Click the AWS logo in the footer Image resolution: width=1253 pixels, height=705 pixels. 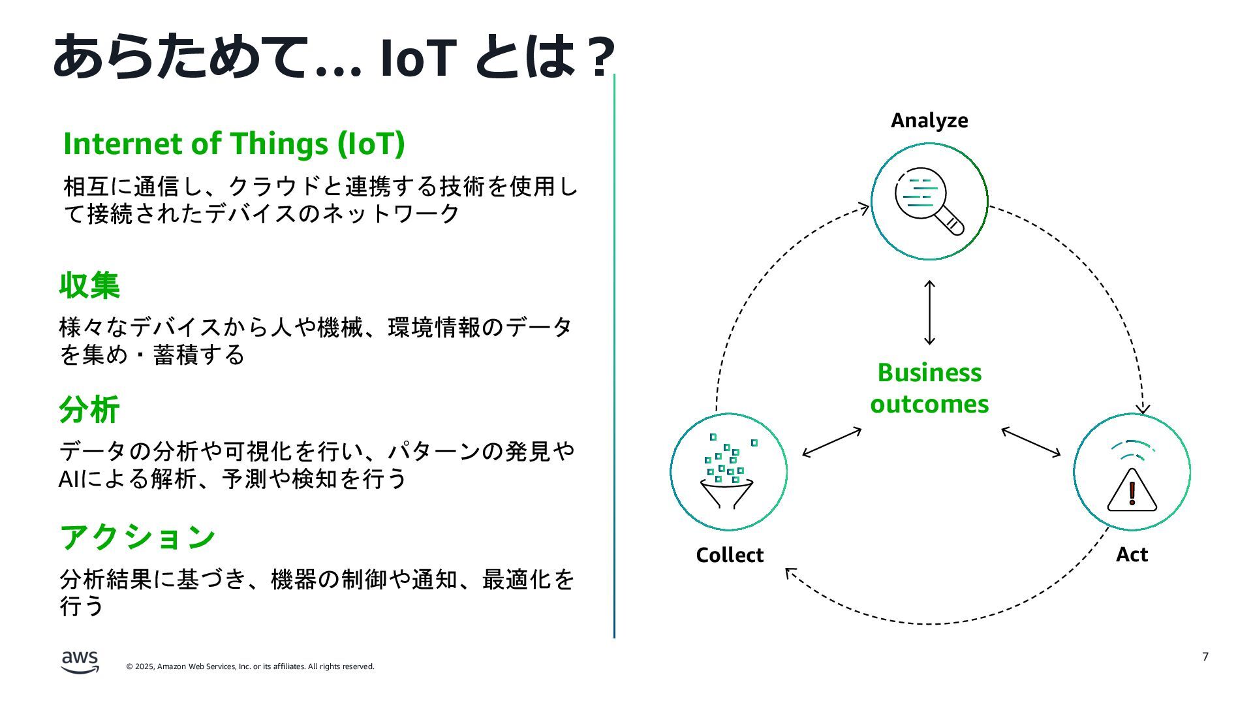pyautogui.click(x=80, y=661)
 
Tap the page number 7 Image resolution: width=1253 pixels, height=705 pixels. pyautogui.click(x=1205, y=657)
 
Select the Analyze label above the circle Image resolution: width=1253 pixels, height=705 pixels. pyautogui.click(x=929, y=121)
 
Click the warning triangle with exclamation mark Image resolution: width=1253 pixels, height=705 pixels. pyautogui.click(x=1132, y=490)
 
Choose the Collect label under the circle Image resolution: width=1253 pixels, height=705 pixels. pyautogui.click(x=729, y=555)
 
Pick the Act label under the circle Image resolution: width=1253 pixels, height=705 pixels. pyautogui.click(x=1132, y=554)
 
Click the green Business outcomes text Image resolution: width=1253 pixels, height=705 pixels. pyautogui.click(x=929, y=388)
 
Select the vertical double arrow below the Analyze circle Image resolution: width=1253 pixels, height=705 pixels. pyautogui.click(x=930, y=313)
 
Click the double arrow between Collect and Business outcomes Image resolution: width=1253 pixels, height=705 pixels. pyautogui.click(x=831, y=442)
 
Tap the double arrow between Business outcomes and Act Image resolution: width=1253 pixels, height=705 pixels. pyautogui.click(x=1031, y=442)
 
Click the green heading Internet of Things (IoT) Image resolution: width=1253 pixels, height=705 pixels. pyautogui.click(x=234, y=144)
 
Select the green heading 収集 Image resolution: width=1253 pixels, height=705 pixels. pyautogui.click(x=89, y=285)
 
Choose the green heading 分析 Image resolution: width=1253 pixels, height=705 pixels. pyautogui.click(x=89, y=410)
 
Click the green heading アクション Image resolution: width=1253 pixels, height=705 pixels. pyautogui.click(x=138, y=537)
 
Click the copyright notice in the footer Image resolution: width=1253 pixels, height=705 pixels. pyautogui.click(x=250, y=666)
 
